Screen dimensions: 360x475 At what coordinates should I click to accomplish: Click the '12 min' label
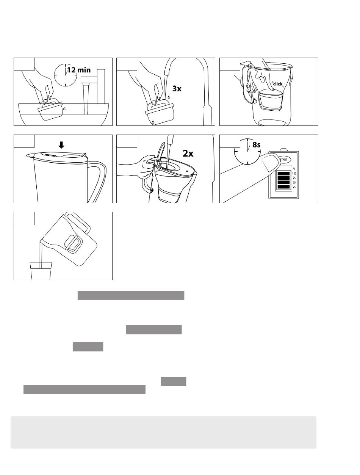pos(79,70)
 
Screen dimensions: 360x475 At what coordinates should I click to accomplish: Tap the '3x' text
pos(177,89)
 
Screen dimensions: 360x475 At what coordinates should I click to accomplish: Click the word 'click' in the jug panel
pos(278,84)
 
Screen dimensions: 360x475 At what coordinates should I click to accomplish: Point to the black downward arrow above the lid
pos(61,145)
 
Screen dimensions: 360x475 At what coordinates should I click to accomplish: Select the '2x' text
pos(188,154)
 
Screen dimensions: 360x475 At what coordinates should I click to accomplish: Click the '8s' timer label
pos(257,144)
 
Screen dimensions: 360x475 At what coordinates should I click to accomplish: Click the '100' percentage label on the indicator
pos(294,173)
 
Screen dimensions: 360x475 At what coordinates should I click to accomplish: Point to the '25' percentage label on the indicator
pos(294,187)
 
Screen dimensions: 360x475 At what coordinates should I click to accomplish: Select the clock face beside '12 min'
pos(65,74)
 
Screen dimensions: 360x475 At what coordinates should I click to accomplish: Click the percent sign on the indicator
pos(294,169)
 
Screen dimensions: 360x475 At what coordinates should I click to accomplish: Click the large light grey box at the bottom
pos(163,432)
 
